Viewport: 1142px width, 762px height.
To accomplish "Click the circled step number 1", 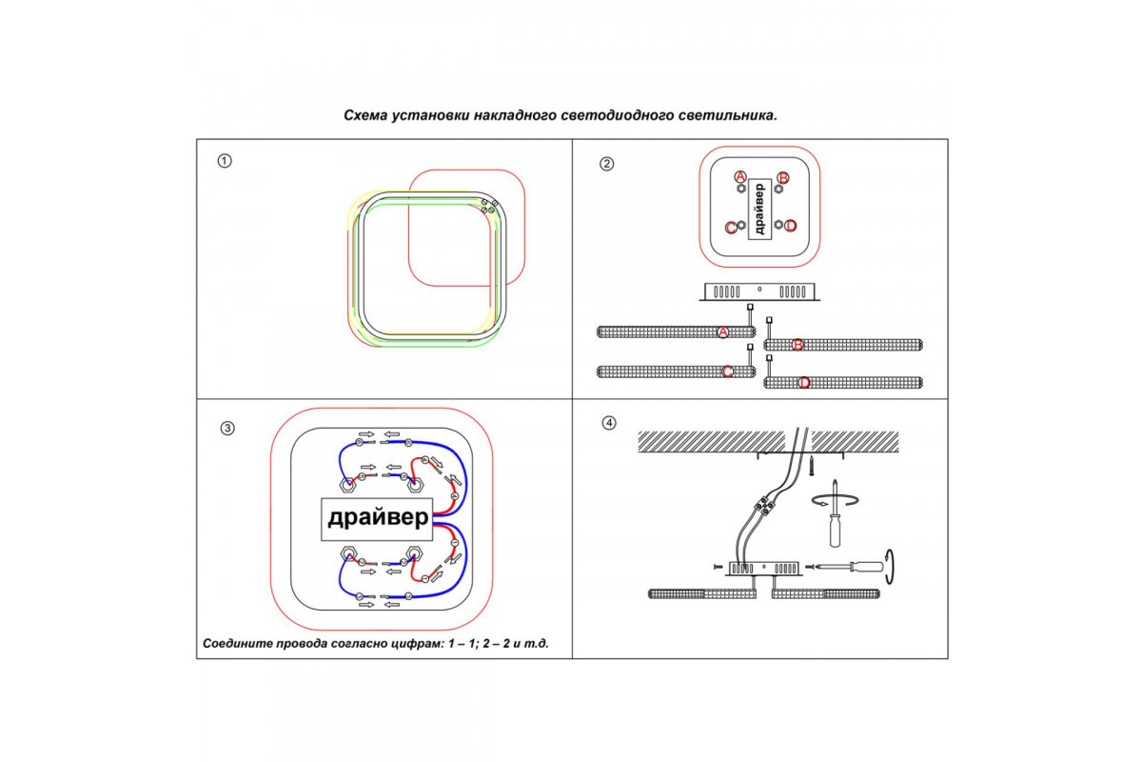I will click(225, 160).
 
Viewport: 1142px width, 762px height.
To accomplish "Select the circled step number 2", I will click(606, 163).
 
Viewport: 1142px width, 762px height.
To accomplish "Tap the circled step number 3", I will click(227, 428).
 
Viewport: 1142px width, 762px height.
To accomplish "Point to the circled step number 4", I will click(609, 423).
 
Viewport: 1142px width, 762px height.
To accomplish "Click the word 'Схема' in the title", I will click(365, 115).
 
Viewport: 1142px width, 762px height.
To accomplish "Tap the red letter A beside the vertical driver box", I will click(740, 176).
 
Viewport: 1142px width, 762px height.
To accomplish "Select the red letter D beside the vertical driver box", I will click(790, 226).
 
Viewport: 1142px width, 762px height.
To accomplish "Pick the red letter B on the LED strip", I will click(798, 345).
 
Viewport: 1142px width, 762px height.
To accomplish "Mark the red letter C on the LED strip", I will click(727, 371).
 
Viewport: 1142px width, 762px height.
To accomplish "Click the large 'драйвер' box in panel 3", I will click(378, 518).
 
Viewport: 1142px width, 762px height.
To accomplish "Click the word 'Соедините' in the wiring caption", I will click(237, 644).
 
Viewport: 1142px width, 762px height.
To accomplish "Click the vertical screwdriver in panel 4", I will click(835, 519).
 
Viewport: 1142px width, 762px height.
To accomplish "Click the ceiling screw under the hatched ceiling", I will click(811, 466).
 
